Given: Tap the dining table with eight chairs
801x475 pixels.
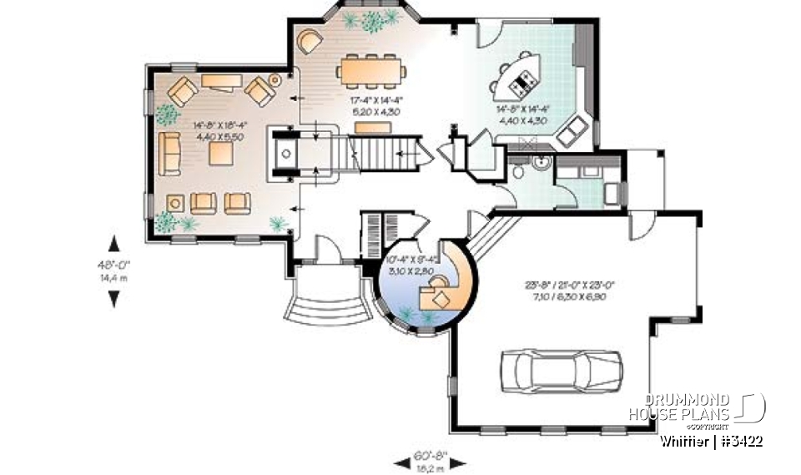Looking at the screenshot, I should pos(373,69).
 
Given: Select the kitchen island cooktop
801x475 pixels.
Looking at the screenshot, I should pos(526,81).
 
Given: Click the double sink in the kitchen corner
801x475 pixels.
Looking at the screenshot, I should pos(573,131).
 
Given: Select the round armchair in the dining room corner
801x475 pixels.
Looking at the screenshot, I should pos(310,40).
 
